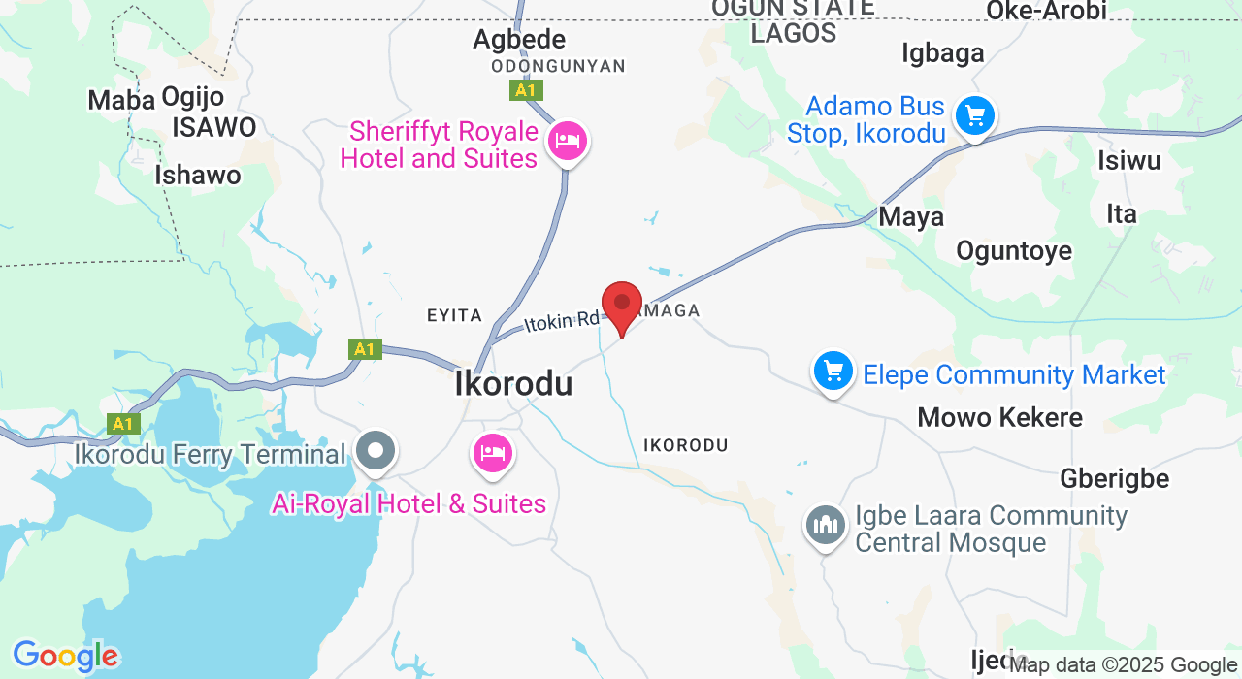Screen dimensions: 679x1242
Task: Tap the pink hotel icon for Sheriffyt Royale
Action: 567,142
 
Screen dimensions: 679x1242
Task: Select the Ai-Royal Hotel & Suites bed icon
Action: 493,453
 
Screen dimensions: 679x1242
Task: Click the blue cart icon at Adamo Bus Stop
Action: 974,116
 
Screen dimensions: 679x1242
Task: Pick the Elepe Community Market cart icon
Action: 833,372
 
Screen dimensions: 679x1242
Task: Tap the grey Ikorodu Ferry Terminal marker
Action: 376,451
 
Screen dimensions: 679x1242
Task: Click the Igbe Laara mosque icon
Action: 825,526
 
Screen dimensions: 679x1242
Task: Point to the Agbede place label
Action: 518,40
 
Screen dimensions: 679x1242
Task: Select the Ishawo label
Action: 198,176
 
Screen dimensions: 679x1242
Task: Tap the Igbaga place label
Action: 942,52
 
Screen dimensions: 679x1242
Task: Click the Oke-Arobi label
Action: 1046,11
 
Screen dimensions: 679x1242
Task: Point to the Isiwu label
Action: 1128,161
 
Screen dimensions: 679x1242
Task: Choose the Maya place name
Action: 911,217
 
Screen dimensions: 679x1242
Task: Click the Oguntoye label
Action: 1014,251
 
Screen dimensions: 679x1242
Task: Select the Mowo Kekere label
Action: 999,418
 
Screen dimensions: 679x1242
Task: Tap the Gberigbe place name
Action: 1114,479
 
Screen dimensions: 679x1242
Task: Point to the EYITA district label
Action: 454,315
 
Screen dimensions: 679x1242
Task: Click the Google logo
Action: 65,657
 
